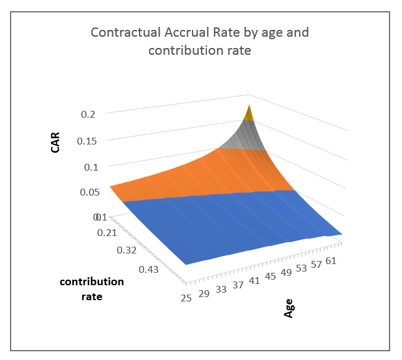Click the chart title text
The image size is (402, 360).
point(199,41)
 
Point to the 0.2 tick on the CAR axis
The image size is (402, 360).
point(88,114)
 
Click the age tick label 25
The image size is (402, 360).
point(186,298)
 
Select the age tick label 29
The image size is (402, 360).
point(204,293)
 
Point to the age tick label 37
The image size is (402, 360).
point(237,285)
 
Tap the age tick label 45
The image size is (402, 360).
point(271,276)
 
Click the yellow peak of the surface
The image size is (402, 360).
point(249,113)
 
